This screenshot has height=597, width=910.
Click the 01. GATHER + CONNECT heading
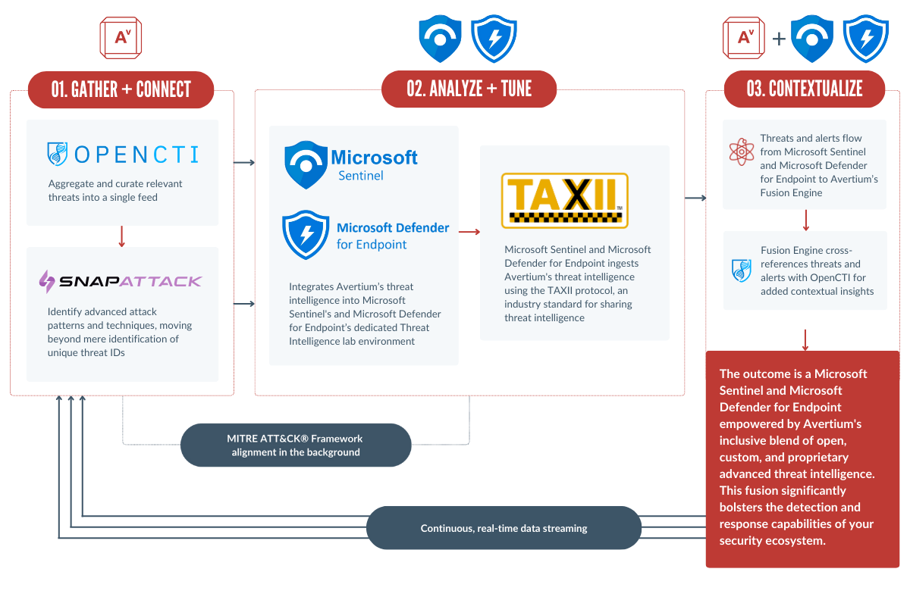121,89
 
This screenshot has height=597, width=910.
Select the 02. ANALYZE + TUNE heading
469,89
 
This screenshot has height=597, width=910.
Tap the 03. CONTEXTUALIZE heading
804,89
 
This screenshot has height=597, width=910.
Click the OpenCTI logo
122,155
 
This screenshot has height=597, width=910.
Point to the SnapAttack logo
121,281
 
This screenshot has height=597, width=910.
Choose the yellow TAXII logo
564,200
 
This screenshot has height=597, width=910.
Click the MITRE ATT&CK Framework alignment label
295,445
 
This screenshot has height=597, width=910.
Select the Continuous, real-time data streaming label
504,528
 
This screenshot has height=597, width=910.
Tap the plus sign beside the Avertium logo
779,38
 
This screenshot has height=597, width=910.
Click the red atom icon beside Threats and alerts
741,152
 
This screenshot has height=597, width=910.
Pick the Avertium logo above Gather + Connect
121,37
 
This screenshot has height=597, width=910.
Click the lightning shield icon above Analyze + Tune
494,38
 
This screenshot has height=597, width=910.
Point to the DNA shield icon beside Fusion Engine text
741,270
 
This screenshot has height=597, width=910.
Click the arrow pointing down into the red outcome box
805,338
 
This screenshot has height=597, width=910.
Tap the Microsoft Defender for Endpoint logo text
393,236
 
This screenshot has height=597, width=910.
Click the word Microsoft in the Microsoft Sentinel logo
374,158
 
